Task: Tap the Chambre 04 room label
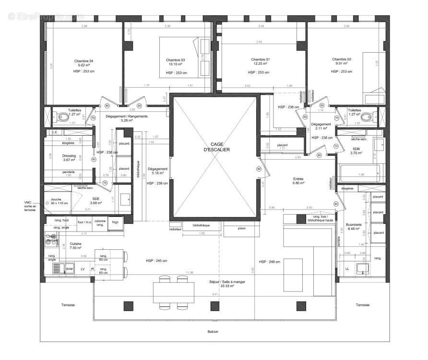click(x=84, y=61)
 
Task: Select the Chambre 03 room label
click(x=176, y=60)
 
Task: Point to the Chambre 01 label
click(x=261, y=59)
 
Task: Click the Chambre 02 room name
click(x=342, y=59)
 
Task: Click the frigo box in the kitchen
click(x=116, y=222)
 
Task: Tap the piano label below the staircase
click(x=241, y=228)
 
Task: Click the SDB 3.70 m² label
click(x=356, y=151)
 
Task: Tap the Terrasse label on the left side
click(x=68, y=305)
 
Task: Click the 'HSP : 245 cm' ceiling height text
click(x=157, y=261)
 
